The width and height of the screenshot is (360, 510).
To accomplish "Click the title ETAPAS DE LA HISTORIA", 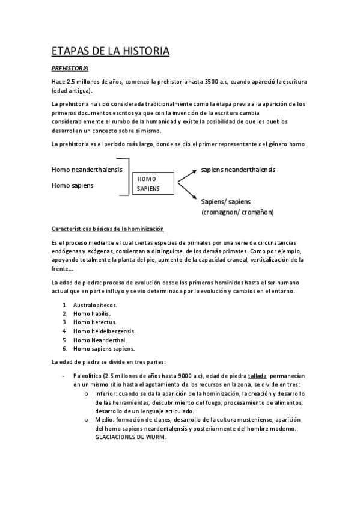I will [111, 51].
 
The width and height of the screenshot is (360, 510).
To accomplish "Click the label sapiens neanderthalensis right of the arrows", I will [238, 170].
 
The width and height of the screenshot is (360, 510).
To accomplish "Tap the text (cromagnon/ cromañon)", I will [237, 212].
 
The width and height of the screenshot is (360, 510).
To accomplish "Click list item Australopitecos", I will [95, 305].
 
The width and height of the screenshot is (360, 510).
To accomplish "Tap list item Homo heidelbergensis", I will [104, 331].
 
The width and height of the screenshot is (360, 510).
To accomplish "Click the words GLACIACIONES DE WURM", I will [130, 437].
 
